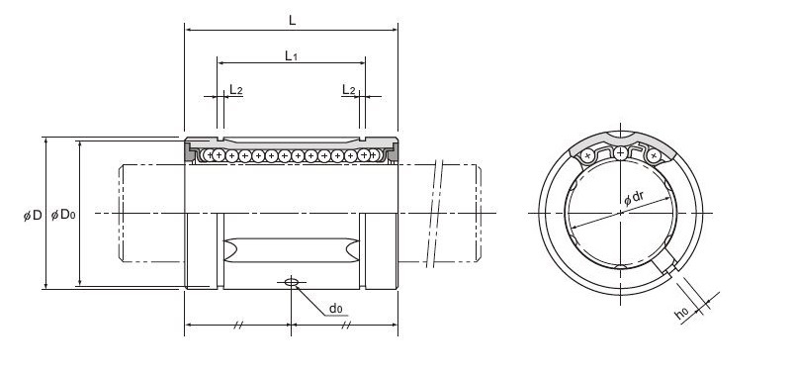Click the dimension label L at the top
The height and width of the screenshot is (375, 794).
(x=292, y=20)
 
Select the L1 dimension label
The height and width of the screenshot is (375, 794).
(x=291, y=55)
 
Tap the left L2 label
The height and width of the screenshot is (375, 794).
(x=236, y=90)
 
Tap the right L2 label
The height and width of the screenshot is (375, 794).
(x=348, y=90)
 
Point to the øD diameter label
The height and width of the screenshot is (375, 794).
(x=33, y=216)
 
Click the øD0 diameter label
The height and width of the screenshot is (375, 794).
(x=63, y=215)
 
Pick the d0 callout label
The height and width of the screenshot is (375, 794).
(x=336, y=308)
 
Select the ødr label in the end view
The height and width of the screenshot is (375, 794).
(x=634, y=198)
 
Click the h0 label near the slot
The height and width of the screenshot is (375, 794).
(x=681, y=315)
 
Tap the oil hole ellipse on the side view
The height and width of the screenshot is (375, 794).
(x=292, y=282)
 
